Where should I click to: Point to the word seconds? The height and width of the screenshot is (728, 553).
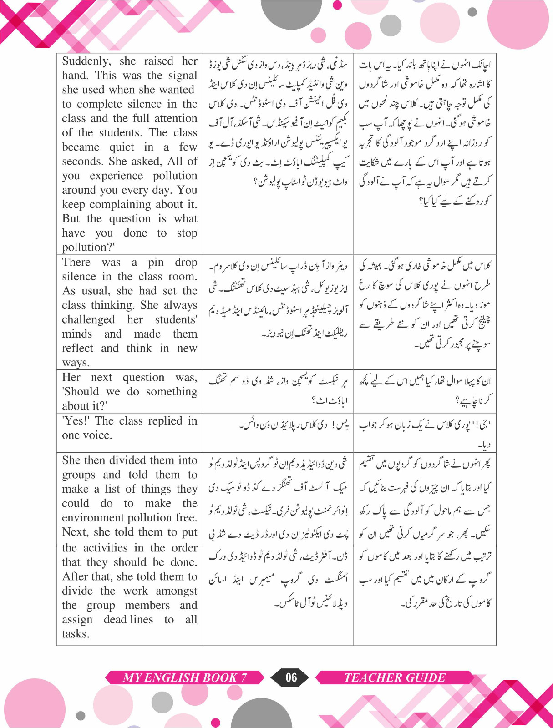(83, 162)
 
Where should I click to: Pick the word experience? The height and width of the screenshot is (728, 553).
(116, 176)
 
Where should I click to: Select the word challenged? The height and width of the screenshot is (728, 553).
(88, 319)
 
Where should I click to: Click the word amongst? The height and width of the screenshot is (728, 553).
(177, 591)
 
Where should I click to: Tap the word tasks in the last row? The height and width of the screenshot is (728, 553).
(76, 634)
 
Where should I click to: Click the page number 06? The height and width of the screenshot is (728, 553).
(291, 678)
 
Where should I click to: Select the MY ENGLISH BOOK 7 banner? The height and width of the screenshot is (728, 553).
(185, 678)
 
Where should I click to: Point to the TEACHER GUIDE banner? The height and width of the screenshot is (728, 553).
(394, 678)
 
